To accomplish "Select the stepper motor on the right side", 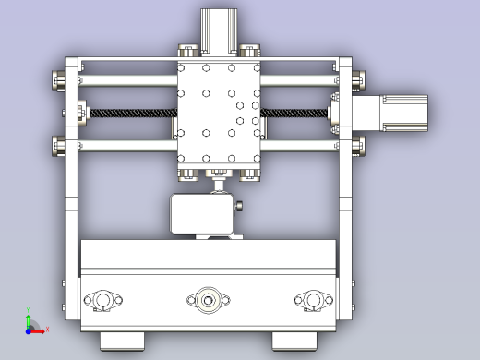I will [400, 111].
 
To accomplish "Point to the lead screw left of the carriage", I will [129, 112].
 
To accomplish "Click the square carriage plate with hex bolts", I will [219, 114].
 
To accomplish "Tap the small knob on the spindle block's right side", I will [240, 207].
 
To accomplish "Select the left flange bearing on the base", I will [102, 299].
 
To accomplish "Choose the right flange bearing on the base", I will [312, 299].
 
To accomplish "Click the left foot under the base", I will [122, 339].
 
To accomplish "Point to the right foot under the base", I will [295, 339].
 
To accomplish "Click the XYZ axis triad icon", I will [31, 324].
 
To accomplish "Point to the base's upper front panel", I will [209, 256].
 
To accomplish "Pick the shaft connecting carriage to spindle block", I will [219, 185].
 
